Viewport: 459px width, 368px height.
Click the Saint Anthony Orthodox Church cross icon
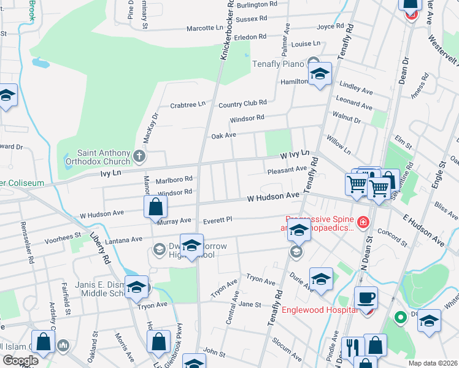tap(139, 156)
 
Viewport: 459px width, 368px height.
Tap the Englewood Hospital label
tap(319, 310)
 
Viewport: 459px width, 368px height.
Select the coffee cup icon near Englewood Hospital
tap(366, 298)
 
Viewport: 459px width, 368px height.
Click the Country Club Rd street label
tap(242, 103)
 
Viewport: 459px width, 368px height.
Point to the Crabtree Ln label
tap(187, 105)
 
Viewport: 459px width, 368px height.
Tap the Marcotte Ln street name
tap(204, 28)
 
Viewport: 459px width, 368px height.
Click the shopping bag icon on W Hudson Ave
tap(156, 207)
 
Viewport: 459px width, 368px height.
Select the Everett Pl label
tap(218, 219)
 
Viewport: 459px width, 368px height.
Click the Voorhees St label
tap(64, 236)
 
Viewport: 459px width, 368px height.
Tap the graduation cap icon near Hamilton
tap(319, 75)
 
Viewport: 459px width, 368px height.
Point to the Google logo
tap(20, 361)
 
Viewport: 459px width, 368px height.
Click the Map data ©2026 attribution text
tap(432, 363)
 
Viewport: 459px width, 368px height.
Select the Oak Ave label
tap(223, 136)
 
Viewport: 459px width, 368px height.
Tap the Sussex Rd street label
tap(252, 19)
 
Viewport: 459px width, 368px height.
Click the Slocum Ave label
tap(287, 351)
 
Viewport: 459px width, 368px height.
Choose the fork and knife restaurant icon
tap(353, 347)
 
